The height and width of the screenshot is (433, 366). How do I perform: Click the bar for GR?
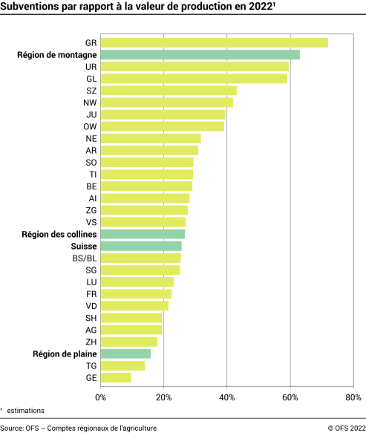[214, 42]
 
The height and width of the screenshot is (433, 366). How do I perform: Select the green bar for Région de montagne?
[200, 54]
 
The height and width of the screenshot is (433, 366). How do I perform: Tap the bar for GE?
[116, 378]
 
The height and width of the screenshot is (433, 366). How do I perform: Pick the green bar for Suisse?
[141, 246]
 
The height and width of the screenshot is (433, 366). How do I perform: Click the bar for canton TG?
[122, 365]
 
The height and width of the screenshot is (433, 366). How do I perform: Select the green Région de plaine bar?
[125, 354]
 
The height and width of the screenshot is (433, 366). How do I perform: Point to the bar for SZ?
[169, 91]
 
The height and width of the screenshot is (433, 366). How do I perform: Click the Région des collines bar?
[143, 234]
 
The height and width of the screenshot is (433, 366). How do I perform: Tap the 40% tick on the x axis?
[227, 397]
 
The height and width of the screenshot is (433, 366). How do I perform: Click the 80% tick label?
[353, 397]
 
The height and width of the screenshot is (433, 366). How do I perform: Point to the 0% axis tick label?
[101, 397]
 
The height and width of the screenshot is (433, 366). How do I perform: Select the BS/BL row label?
[84, 258]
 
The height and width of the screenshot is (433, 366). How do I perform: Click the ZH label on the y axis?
[91, 342]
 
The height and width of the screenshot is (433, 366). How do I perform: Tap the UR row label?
[91, 66]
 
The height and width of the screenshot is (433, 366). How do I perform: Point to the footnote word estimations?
[26, 410]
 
